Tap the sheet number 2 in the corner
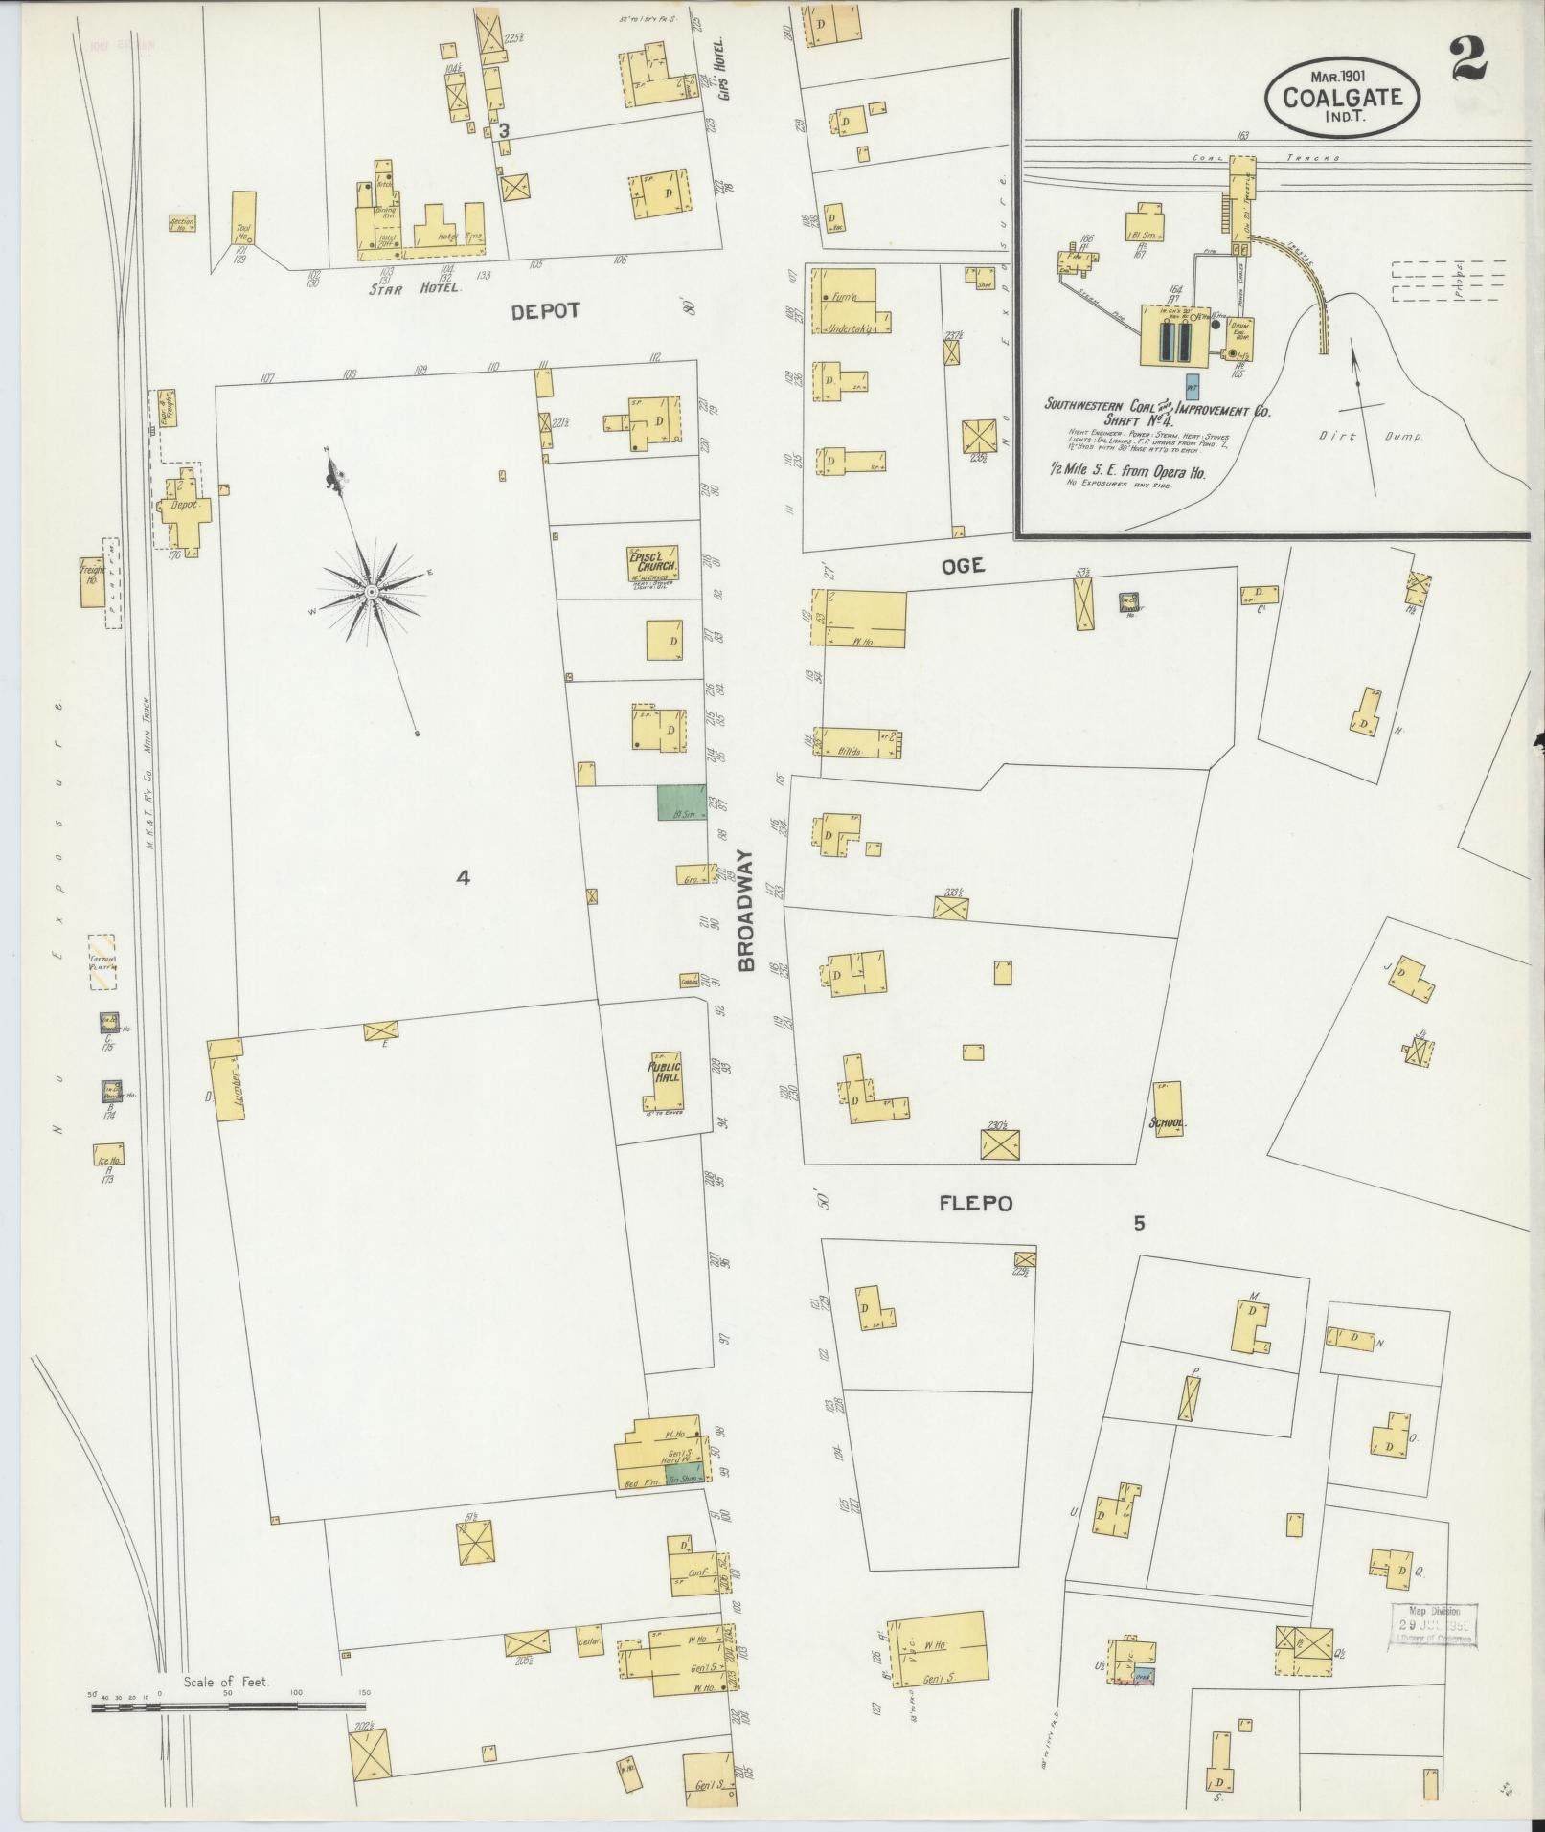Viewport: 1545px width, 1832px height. pos(1468,59)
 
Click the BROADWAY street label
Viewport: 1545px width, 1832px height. pos(747,911)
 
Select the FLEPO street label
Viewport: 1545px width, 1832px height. pos(975,1203)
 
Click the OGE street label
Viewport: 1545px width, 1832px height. pos(962,566)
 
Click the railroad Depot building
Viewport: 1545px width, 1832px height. pos(183,506)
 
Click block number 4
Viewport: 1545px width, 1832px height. pos(463,876)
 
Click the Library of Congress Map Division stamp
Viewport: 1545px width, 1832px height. pos(1432,1625)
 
